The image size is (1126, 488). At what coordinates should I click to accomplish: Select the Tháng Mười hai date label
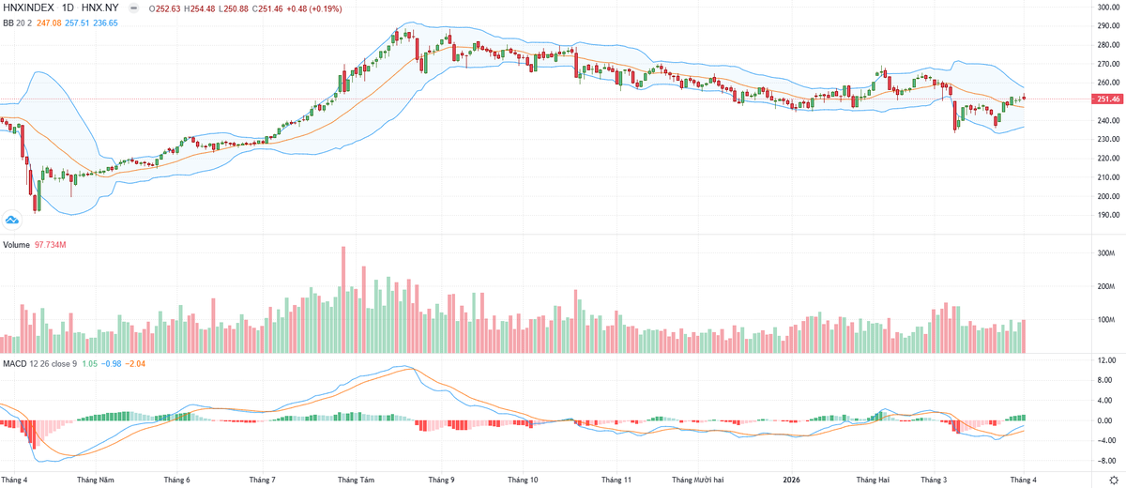point(696,479)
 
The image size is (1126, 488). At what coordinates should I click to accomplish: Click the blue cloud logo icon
point(12,221)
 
